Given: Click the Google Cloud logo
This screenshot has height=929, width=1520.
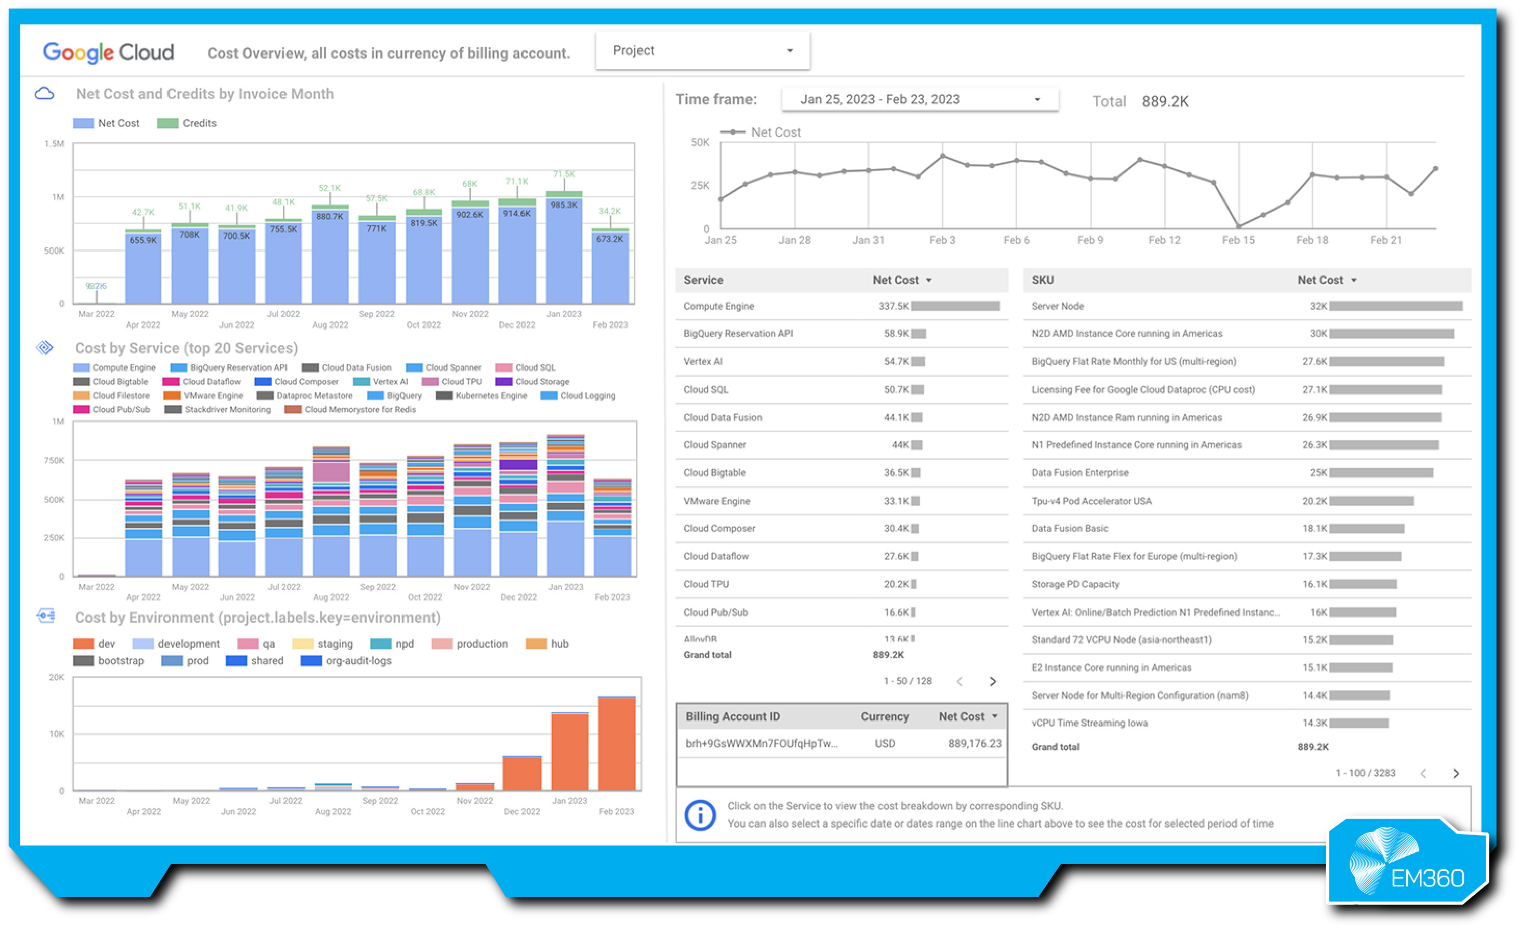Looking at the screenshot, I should coord(109,52).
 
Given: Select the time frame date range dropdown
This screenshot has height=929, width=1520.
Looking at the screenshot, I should coord(919,99).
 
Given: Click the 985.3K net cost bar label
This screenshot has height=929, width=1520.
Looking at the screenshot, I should coord(564,204).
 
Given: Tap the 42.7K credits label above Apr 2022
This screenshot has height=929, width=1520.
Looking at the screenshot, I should coord(143,212).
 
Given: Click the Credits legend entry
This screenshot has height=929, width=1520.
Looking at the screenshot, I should coord(187,124).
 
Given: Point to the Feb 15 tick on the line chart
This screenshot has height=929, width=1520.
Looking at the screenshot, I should coord(1237,240).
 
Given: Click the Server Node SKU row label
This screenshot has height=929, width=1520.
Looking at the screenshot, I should coord(1057,306).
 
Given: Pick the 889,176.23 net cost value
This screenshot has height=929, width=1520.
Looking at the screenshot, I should coord(974,743).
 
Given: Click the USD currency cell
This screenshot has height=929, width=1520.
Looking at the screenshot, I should coord(884,743).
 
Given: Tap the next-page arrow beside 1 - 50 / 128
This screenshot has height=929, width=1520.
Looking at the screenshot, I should coord(993,681).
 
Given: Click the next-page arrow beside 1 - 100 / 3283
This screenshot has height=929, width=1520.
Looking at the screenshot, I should coord(1456,773).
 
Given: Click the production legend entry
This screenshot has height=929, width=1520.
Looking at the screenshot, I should coord(470,644).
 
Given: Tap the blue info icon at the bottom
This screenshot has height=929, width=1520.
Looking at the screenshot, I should coord(700,815).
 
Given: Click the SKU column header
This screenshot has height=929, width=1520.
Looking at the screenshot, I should coord(1043,280).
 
